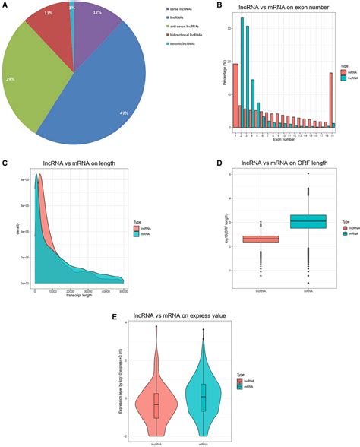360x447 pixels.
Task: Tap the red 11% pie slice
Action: [x=47, y=30]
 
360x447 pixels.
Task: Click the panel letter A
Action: [x=5, y=5]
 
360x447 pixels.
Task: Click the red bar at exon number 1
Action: [x=235, y=95]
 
